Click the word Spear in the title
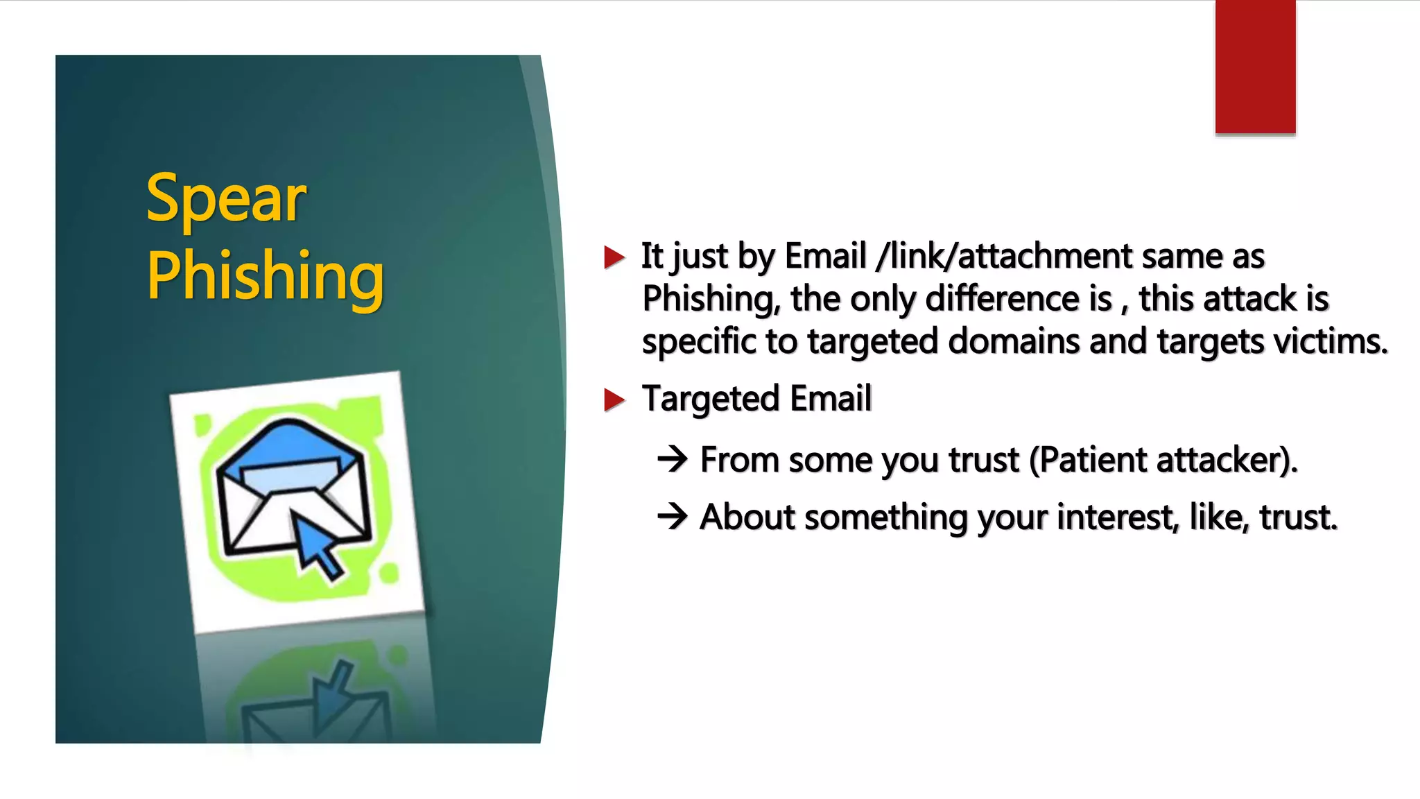click(x=226, y=200)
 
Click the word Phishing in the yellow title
click(x=265, y=276)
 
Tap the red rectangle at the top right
click(x=1255, y=67)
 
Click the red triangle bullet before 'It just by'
click(x=614, y=257)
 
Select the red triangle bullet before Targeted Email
click(x=614, y=399)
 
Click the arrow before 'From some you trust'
click(x=672, y=459)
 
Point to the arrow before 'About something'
click(x=672, y=516)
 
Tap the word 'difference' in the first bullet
click(x=1003, y=299)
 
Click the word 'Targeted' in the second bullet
click(x=711, y=399)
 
